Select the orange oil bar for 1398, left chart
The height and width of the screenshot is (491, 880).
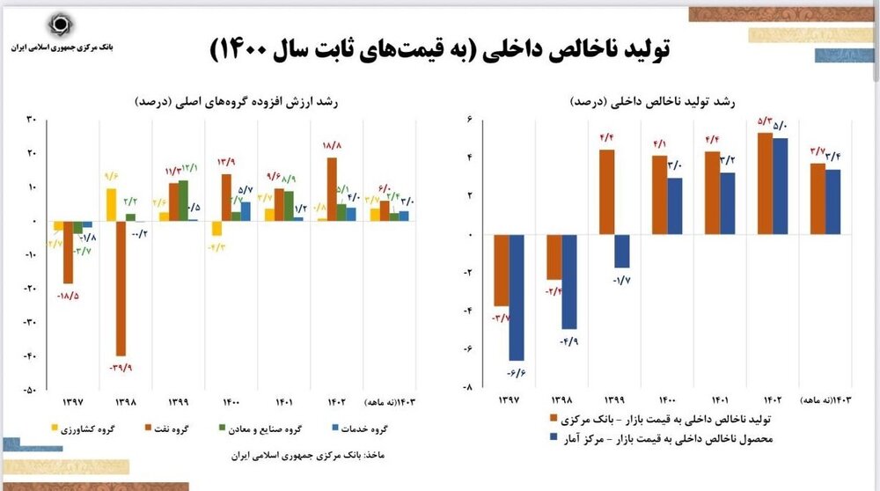click(121, 288)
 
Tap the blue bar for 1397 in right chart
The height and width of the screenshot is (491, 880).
click(517, 297)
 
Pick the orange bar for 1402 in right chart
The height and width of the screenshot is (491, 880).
click(766, 184)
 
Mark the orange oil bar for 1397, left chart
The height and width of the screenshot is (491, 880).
click(68, 253)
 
